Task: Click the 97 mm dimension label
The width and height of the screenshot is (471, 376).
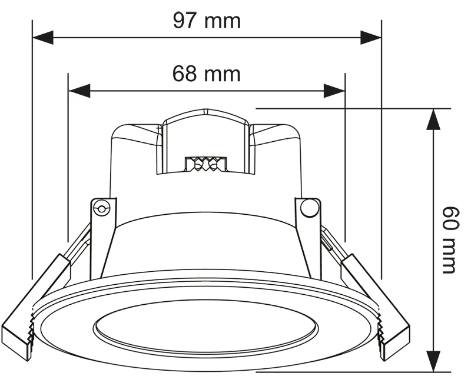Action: (207, 21)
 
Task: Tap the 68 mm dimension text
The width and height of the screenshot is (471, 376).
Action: (207, 74)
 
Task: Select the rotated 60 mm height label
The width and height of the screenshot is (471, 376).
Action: (450, 239)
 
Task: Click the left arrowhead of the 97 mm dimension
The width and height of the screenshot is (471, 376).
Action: (42, 38)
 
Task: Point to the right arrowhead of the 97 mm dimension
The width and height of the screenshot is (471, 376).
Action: (371, 38)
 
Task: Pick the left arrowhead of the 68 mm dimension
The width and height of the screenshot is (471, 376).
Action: (79, 91)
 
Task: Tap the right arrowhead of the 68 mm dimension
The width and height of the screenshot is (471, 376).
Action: (334, 91)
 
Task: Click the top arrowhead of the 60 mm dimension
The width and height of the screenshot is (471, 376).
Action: (433, 119)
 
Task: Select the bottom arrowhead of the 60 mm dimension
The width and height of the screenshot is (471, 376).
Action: (433, 361)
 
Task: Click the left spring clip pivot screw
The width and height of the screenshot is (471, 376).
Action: (101, 208)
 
